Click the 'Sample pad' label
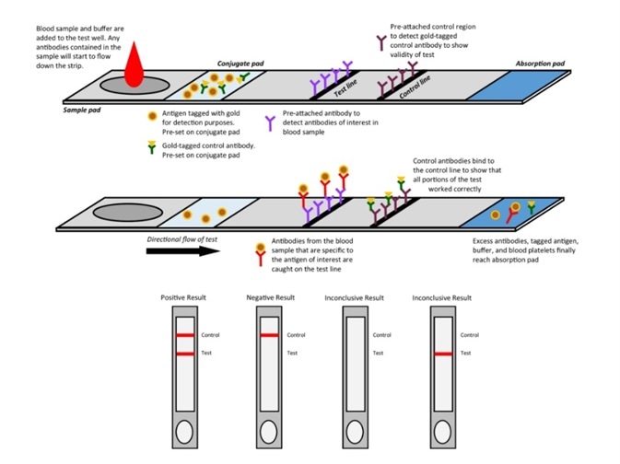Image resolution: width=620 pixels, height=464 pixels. (81, 110)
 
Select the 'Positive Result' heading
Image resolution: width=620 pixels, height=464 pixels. (183, 298)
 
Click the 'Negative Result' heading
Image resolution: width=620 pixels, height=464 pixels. (268, 298)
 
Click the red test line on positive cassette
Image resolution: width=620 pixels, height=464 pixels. (183, 353)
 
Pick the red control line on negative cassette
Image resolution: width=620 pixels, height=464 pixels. (268, 335)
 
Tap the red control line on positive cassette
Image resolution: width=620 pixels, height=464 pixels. (183, 335)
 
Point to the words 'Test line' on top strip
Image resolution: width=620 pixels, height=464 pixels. (345, 86)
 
